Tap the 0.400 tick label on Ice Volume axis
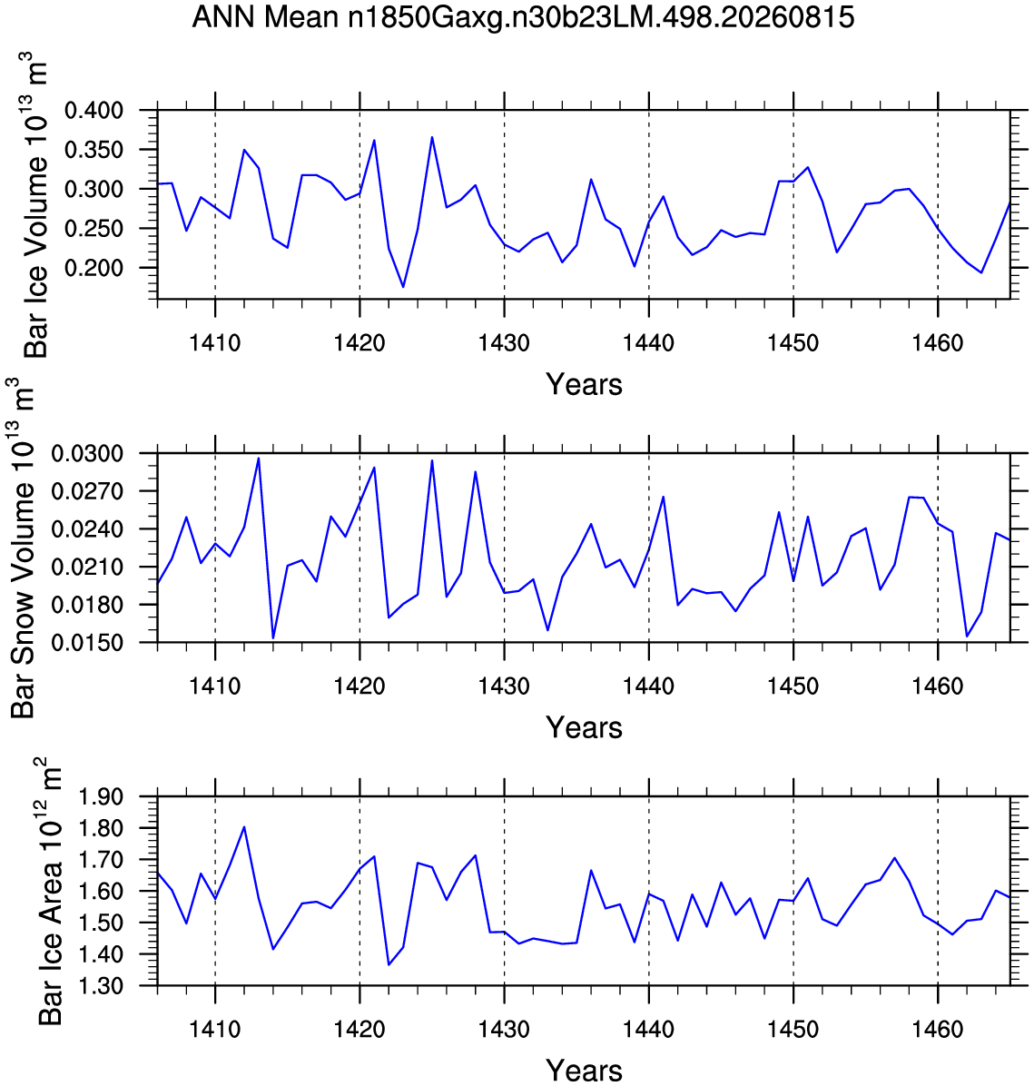(x=94, y=110)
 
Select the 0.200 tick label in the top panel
(x=94, y=268)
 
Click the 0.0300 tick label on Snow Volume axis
(x=87, y=454)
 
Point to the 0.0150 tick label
(x=87, y=643)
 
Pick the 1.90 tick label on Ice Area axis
(x=101, y=797)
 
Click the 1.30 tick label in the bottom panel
(x=101, y=985)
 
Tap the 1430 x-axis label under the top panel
(x=504, y=343)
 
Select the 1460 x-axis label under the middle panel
(x=938, y=686)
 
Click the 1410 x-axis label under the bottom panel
(x=215, y=1029)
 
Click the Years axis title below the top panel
(x=584, y=384)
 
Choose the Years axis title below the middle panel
(x=584, y=728)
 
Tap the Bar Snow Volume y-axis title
(x=23, y=548)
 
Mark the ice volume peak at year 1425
(x=432, y=137)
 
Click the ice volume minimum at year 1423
(x=403, y=287)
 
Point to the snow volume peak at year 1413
(x=259, y=458)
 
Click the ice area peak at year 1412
(x=244, y=827)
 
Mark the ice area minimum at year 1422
(x=389, y=965)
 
